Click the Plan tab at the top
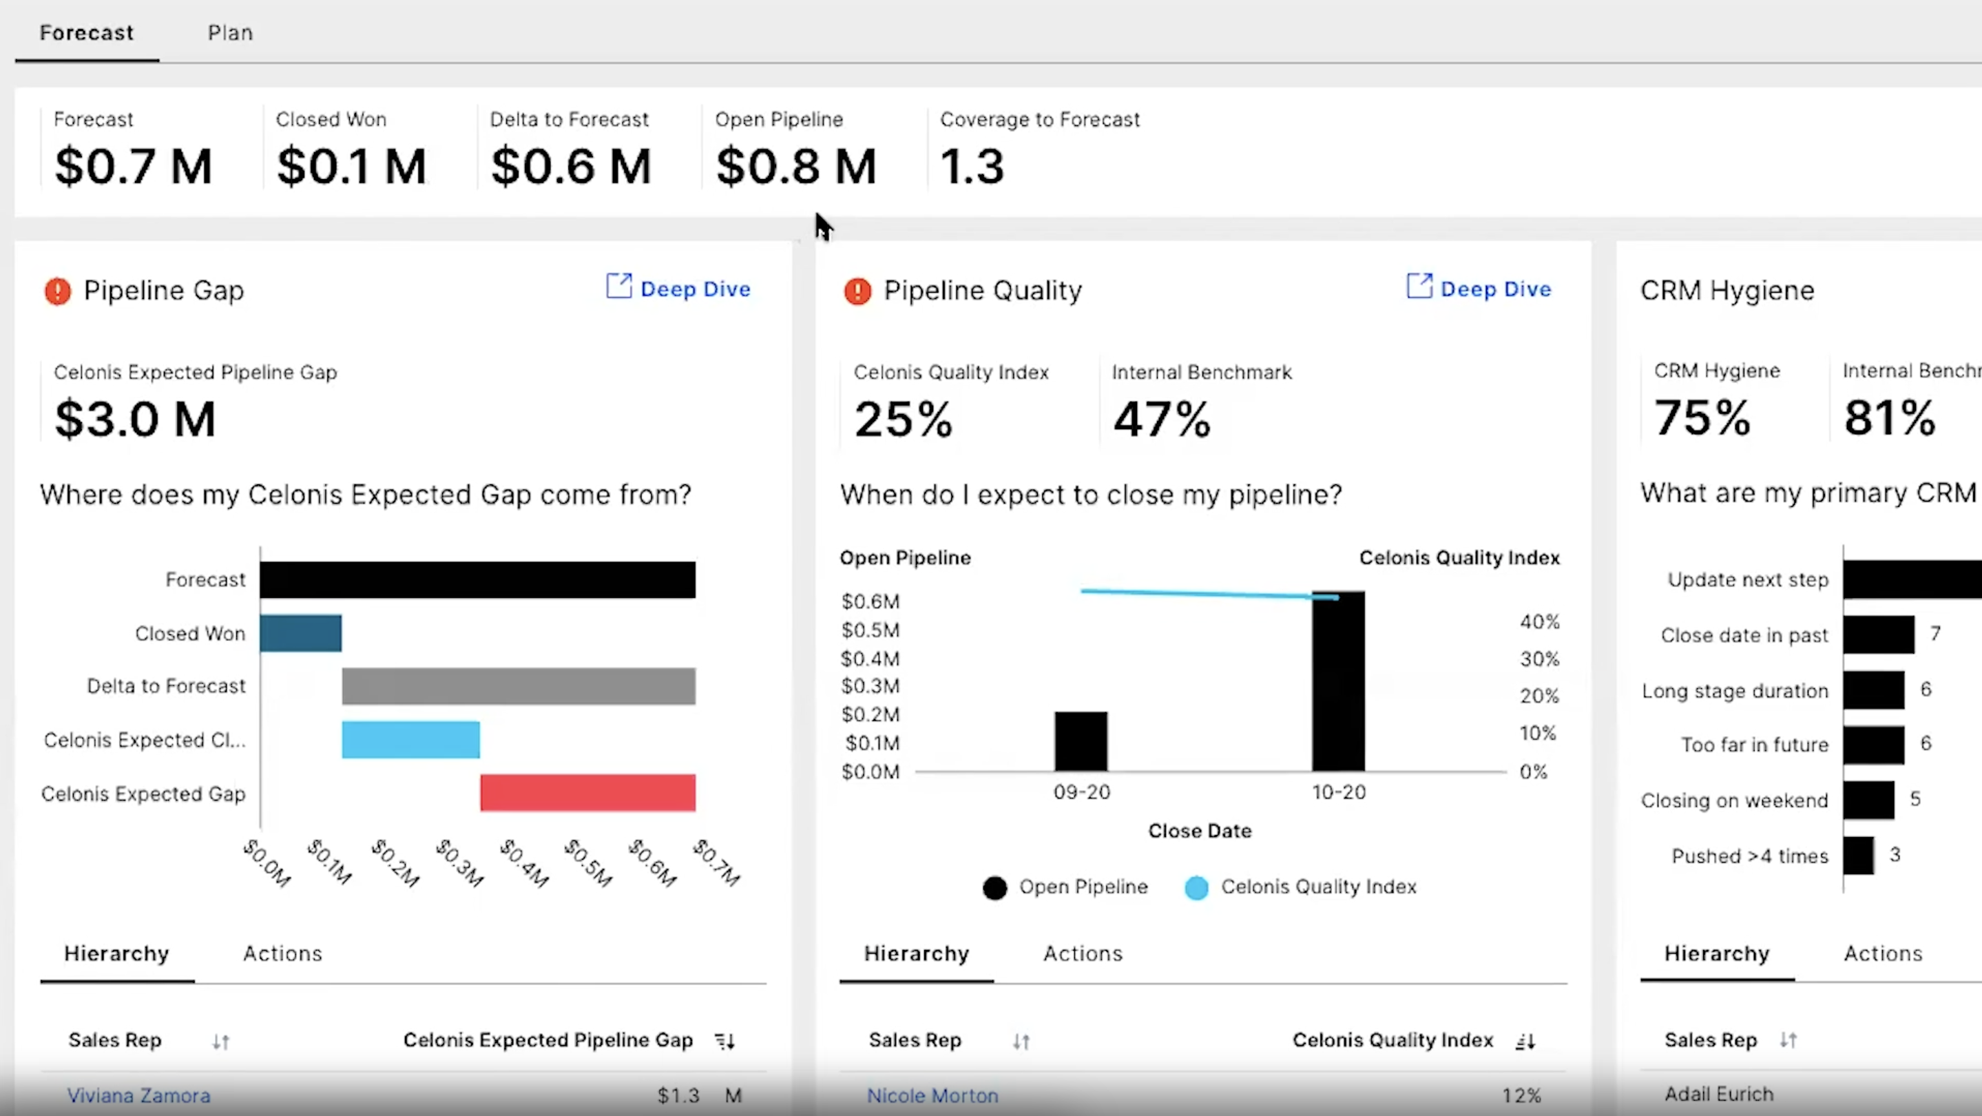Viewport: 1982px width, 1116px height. click(x=230, y=33)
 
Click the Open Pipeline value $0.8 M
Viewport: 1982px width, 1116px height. click(x=795, y=166)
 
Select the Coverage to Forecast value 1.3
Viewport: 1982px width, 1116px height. click(x=972, y=166)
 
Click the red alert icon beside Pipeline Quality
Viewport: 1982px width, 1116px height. click(x=857, y=291)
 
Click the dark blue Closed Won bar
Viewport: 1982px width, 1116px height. click(x=300, y=632)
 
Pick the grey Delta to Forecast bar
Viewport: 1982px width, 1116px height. click(x=518, y=685)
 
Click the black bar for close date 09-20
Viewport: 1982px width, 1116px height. click(x=1081, y=741)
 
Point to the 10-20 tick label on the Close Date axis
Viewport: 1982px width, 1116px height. click(x=1338, y=792)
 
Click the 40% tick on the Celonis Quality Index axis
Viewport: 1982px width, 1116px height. click(x=1538, y=622)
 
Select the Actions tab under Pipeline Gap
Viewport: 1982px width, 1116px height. click(x=282, y=953)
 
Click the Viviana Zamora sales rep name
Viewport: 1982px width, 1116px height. click(x=138, y=1095)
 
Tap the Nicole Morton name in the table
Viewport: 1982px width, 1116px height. click(x=932, y=1095)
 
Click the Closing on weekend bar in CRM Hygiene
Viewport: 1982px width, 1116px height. click(x=1868, y=800)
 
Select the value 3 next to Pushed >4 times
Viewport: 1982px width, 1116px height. click(x=1895, y=855)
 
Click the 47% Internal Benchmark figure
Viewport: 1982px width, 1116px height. click(x=1161, y=420)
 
